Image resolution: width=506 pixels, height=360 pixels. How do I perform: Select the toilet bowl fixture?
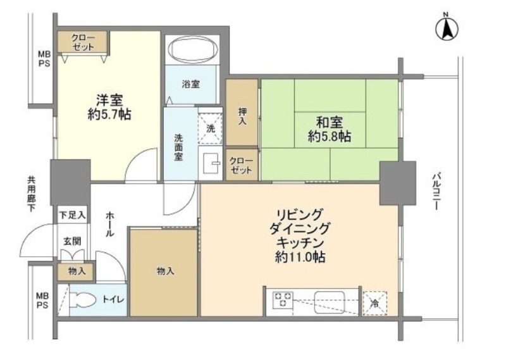pos(83,300)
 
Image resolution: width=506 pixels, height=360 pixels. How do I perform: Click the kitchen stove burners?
pos(283,299)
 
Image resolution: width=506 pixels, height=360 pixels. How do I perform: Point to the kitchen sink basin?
pos(330,301)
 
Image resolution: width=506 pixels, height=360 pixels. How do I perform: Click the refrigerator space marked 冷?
pos(374,303)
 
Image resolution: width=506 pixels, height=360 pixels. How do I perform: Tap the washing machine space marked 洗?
pos(210,128)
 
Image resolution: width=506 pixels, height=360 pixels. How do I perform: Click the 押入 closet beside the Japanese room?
pos(242,113)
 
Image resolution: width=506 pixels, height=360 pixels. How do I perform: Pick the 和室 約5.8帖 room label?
pos(330,130)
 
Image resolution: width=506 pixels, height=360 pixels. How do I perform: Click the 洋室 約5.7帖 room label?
pos(109,107)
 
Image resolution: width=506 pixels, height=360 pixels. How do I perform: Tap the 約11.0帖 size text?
pos(300,257)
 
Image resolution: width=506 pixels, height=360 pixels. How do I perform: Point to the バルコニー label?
pos(436,192)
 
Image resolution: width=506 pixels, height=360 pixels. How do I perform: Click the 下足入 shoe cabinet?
pos(72,214)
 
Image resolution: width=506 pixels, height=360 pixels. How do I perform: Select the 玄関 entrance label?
pos(72,241)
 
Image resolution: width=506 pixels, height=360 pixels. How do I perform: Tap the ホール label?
pos(109,224)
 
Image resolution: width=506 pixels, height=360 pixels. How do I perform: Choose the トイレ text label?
pos(113,299)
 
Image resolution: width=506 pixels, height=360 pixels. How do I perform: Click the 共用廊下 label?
pos(31,194)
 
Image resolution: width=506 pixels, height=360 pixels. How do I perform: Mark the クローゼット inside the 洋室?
pos(82,42)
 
